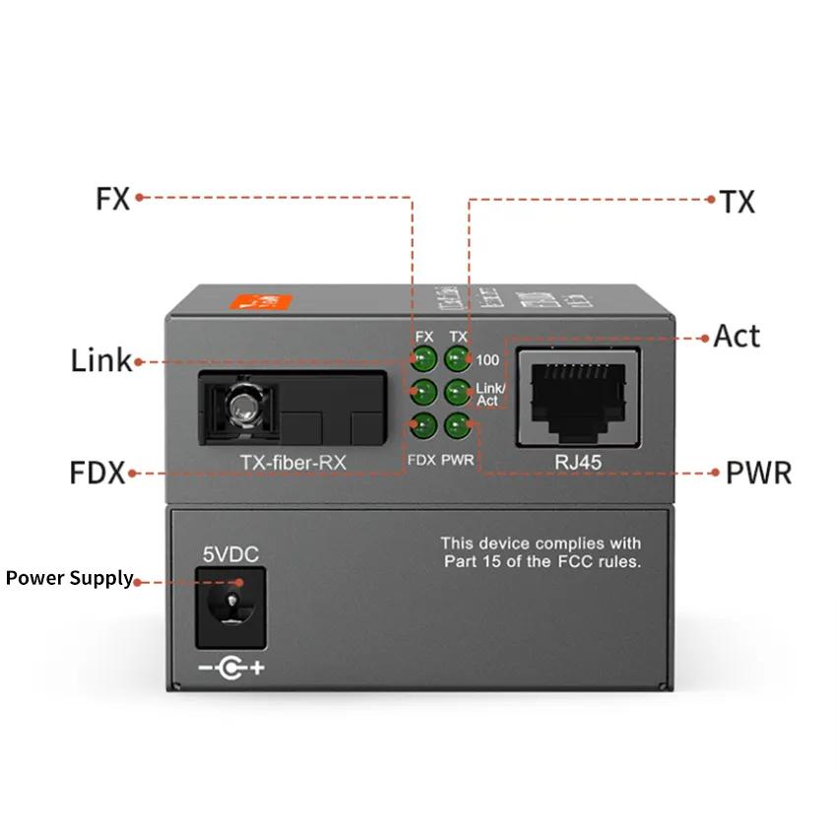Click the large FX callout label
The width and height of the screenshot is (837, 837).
coord(113,198)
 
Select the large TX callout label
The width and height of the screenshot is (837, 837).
coord(737,202)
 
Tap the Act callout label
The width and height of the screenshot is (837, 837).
coord(737,336)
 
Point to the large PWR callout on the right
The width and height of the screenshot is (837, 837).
coord(758,472)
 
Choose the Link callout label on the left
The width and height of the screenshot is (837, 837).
coord(100,360)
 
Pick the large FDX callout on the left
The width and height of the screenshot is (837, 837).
coord(97,473)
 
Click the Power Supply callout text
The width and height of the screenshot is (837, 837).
coord(69,578)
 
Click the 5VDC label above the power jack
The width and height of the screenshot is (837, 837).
coord(230,555)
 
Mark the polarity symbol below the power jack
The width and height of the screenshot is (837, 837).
coord(231,669)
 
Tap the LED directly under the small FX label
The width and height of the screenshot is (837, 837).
coord(424,358)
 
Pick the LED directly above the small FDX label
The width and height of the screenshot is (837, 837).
coord(424,426)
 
